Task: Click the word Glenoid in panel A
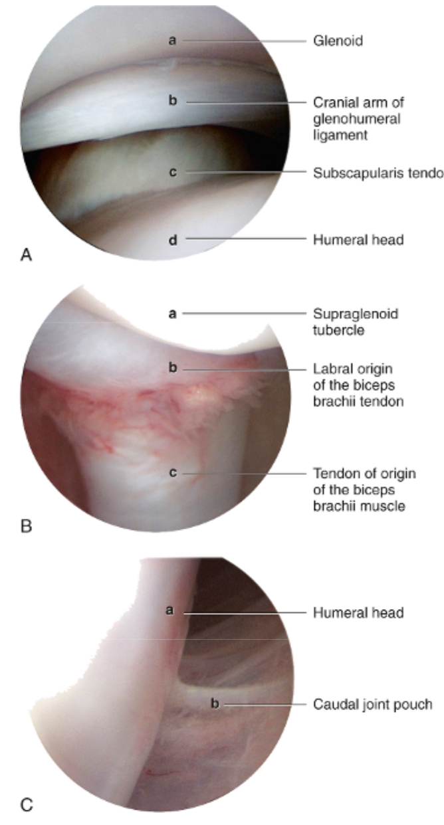click(x=338, y=41)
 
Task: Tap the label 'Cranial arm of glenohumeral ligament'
click(x=358, y=119)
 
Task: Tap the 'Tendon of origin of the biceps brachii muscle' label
click(x=364, y=490)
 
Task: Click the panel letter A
click(x=27, y=254)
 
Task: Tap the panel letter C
click(x=27, y=806)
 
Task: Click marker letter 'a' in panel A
click(x=171, y=41)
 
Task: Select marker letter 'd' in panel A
click(x=172, y=239)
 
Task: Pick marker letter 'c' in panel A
click(x=172, y=173)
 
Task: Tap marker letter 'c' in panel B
click(x=172, y=474)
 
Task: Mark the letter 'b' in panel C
click(x=214, y=703)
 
